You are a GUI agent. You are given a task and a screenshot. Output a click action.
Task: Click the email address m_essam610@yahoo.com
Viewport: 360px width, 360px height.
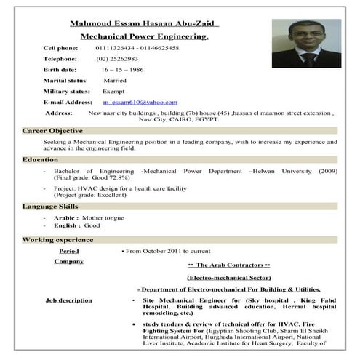point(140,103)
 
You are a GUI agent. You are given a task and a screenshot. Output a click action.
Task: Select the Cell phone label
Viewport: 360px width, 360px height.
point(65,47)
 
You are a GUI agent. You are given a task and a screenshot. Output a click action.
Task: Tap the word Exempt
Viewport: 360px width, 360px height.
point(113,92)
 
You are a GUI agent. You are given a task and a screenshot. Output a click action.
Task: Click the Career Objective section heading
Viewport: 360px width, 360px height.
point(52,131)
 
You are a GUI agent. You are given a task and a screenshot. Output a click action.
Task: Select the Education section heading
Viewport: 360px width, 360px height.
point(40,159)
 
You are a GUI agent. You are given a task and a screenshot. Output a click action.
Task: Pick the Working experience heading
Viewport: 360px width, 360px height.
point(57,239)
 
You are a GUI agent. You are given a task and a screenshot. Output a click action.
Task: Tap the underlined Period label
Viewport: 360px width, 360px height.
point(69,250)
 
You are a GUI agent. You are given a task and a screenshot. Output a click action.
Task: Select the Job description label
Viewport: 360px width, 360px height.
point(69,300)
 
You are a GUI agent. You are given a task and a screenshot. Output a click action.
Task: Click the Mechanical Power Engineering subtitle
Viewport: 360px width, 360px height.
point(144,36)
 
